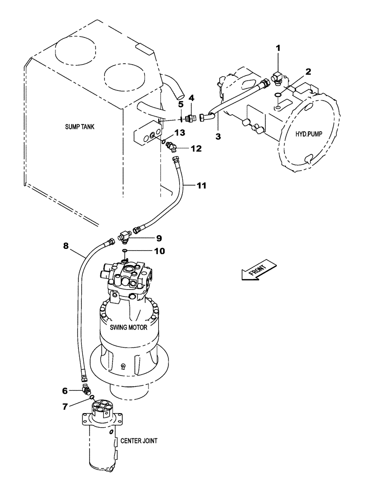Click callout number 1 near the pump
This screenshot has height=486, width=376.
278,49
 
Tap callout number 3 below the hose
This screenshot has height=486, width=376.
218,137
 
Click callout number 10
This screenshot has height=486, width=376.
159,251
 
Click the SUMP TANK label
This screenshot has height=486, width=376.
80,127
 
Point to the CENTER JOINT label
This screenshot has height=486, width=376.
136,441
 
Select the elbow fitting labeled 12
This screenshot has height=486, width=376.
171,145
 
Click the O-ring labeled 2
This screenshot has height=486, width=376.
277,94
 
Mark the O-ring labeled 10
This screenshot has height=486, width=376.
125,251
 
